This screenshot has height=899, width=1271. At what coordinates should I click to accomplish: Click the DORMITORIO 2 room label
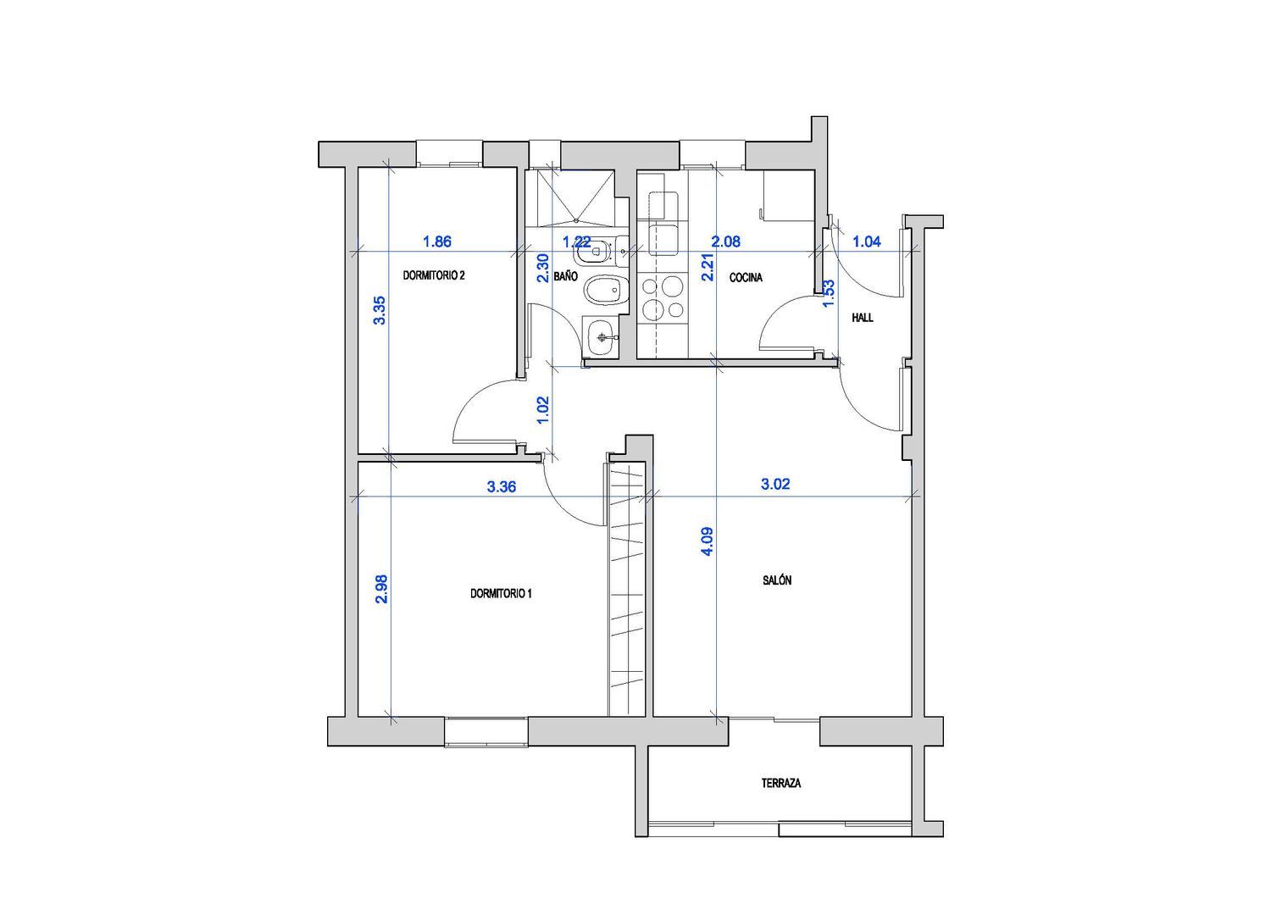(434, 276)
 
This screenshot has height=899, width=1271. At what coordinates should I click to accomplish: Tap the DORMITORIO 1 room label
(501, 594)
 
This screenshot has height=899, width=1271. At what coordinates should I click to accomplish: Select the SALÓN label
(777, 580)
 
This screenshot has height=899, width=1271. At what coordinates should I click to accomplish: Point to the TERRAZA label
(780, 783)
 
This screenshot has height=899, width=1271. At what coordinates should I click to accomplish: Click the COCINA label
(746, 278)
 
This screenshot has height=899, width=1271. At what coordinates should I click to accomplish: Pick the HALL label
(863, 318)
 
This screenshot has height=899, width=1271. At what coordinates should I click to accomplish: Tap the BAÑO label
(566, 276)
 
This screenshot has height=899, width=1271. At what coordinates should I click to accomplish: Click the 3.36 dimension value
(502, 487)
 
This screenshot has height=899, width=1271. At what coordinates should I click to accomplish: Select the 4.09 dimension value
(708, 541)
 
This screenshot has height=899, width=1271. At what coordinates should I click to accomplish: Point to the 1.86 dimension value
(437, 241)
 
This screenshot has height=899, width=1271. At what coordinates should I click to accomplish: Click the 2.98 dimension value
(382, 589)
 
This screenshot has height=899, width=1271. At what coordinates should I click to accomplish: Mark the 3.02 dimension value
(775, 484)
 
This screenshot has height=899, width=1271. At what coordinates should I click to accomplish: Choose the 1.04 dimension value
(867, 241)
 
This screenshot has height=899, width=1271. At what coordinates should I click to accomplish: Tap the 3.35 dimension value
(380, 310)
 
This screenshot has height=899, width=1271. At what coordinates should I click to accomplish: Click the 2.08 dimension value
(725, 241)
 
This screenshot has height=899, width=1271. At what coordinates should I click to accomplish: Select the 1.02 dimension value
(543, 410)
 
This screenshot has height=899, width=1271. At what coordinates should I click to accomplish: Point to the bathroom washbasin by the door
(601, 338)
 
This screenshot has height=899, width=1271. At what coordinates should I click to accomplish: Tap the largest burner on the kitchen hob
(673, 285)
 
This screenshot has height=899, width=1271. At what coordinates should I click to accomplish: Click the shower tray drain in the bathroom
(576, 220)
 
